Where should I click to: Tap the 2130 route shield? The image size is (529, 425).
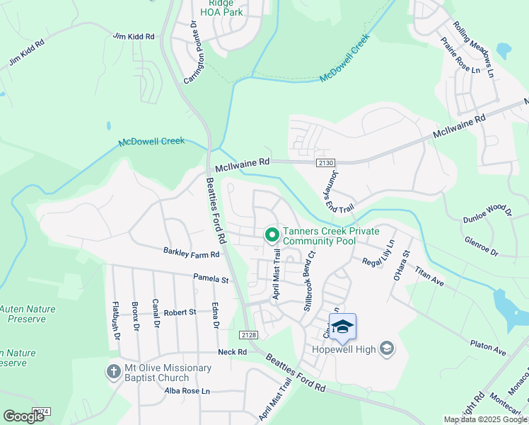[325, 163]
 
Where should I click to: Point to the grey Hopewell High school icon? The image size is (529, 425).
[386, 348]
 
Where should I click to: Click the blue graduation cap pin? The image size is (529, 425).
[342, 327]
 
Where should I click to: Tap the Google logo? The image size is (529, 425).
[24, 416]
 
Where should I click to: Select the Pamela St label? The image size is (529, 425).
[211, 280]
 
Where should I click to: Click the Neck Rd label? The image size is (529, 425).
[232, 352]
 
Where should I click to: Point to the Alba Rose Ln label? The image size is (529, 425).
[187, 391]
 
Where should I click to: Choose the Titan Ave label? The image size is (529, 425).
[429, 276]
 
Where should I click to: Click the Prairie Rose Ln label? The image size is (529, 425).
[460, 56]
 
